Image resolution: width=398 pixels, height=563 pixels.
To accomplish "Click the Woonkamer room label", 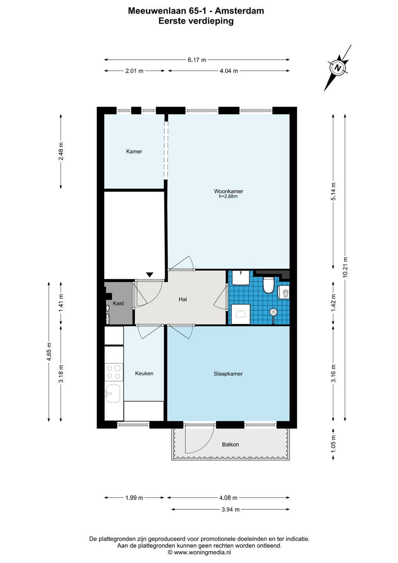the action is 228,191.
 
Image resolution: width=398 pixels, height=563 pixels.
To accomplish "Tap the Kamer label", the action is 134,151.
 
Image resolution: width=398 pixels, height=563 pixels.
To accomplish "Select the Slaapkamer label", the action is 228,374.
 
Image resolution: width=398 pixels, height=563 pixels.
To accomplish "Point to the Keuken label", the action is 144,373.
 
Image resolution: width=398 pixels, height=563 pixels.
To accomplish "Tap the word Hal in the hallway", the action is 183,299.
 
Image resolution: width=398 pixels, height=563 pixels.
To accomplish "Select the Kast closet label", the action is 118,303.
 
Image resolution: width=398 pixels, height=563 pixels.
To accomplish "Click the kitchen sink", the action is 113,393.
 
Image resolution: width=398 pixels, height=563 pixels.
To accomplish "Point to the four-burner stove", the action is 114,372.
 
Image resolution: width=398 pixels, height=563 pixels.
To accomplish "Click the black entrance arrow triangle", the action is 150,274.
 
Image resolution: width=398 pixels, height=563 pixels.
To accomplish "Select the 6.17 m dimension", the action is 197,60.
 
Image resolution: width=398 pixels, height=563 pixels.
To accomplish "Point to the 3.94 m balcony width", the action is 230,509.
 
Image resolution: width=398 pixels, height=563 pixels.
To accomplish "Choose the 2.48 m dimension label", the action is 61,151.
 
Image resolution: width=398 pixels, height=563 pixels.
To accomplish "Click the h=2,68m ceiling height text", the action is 228,197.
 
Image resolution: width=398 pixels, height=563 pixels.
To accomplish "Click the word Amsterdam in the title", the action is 239,11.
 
